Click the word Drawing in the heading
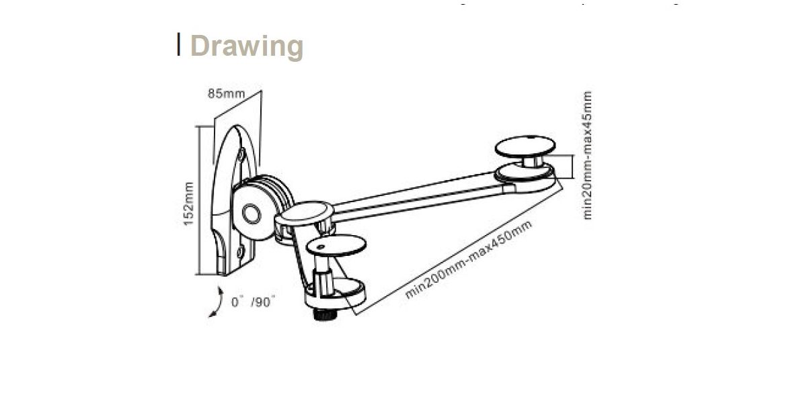tap(247, 46)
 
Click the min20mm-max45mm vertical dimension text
tap(589, 155)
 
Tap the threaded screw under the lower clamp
tap(325, 314)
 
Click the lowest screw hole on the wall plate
tap(240, 253)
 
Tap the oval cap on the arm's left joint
tap(304, 213)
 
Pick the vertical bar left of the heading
tap(179, 44)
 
